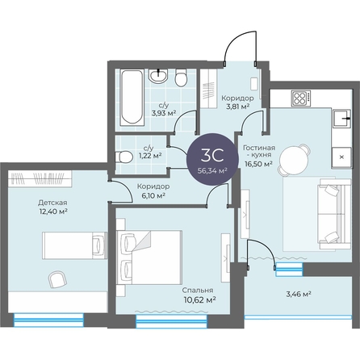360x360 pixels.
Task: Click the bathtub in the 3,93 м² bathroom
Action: [132, 98]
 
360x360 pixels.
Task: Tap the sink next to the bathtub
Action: [158, 76]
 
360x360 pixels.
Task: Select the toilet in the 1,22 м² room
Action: [123, 157]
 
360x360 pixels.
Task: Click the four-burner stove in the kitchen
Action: [301, 98]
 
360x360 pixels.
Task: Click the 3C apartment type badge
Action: [213, 159]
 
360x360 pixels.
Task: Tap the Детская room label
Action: [52, 203]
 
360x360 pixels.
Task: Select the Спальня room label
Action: [198, 291]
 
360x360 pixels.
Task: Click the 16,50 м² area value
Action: [258, 164]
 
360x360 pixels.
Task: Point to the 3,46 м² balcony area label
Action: [299, 294]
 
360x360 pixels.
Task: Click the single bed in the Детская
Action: [75, 245]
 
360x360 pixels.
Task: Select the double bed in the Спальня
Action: [149, 257]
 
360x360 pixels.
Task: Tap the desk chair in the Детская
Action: [57, 280]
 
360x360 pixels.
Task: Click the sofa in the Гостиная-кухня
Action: [334, 214]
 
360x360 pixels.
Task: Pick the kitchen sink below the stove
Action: [341, 119]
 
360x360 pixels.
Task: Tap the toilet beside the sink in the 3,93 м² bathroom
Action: [181, 77]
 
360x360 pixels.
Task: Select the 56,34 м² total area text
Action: [213, 171]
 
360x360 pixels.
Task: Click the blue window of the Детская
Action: [48, 320]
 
